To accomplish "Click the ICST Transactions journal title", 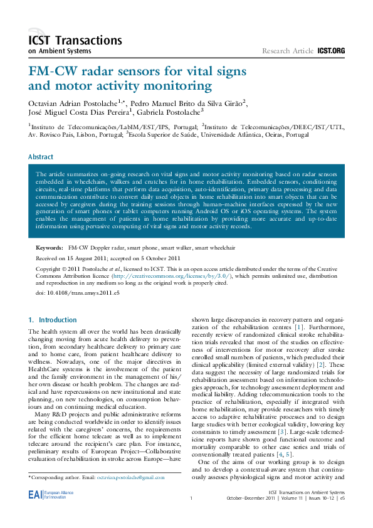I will pos(75,40).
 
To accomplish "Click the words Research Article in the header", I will pos(288,50).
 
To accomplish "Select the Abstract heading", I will pos(41,157).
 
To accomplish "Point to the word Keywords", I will pos(50,248).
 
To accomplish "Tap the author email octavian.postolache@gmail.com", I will pos(130,477).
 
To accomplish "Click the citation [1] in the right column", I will pos(300,327).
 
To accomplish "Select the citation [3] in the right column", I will pos(283,432).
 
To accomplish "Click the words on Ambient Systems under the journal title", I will pos(60,51).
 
